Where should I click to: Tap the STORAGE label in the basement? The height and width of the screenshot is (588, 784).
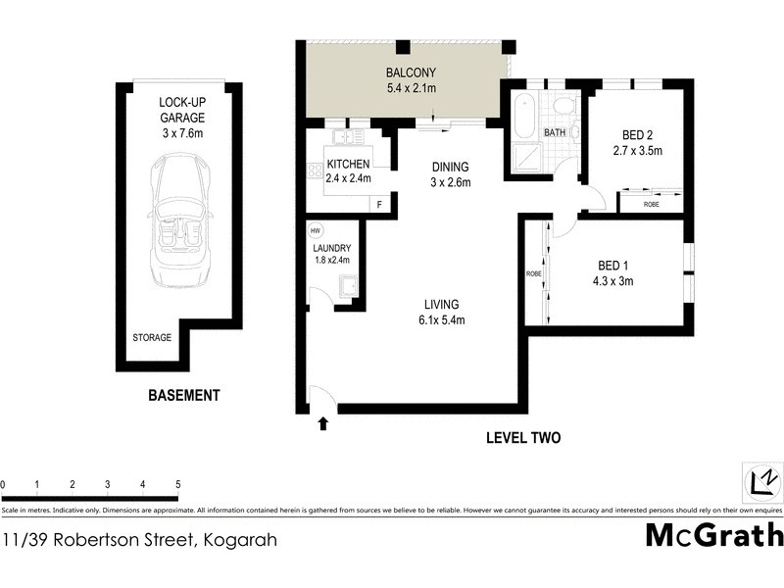pyautogui.click(x=152, y=338)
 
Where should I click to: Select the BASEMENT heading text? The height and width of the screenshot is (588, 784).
pyautogui.click(x=184, y=396)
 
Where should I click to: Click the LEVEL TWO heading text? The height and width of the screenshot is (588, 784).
pyautogui.click(x=523, y=438)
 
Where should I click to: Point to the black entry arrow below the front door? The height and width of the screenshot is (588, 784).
pyautogui.click(x=322, y=423)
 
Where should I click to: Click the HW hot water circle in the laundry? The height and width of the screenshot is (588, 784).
pyautogui.click(x=315, y=231)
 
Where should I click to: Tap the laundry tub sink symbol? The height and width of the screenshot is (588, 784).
pyautogui.click(x=347, y=287)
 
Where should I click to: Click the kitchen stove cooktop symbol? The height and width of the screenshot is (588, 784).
pyautogui.click(x=316, y=171)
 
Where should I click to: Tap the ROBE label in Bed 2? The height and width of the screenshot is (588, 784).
pyautogui.click(x=651, y=205)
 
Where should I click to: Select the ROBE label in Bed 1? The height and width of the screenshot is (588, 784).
pyautogui.click(x=534, y=273)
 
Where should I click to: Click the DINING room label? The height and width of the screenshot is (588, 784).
pyautogui.click(x=451, y=167)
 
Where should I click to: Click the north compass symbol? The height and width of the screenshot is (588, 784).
pyautogui.click(x=761, y=480)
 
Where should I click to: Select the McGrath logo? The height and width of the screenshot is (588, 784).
pyautogui.click(x=714, y=535)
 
